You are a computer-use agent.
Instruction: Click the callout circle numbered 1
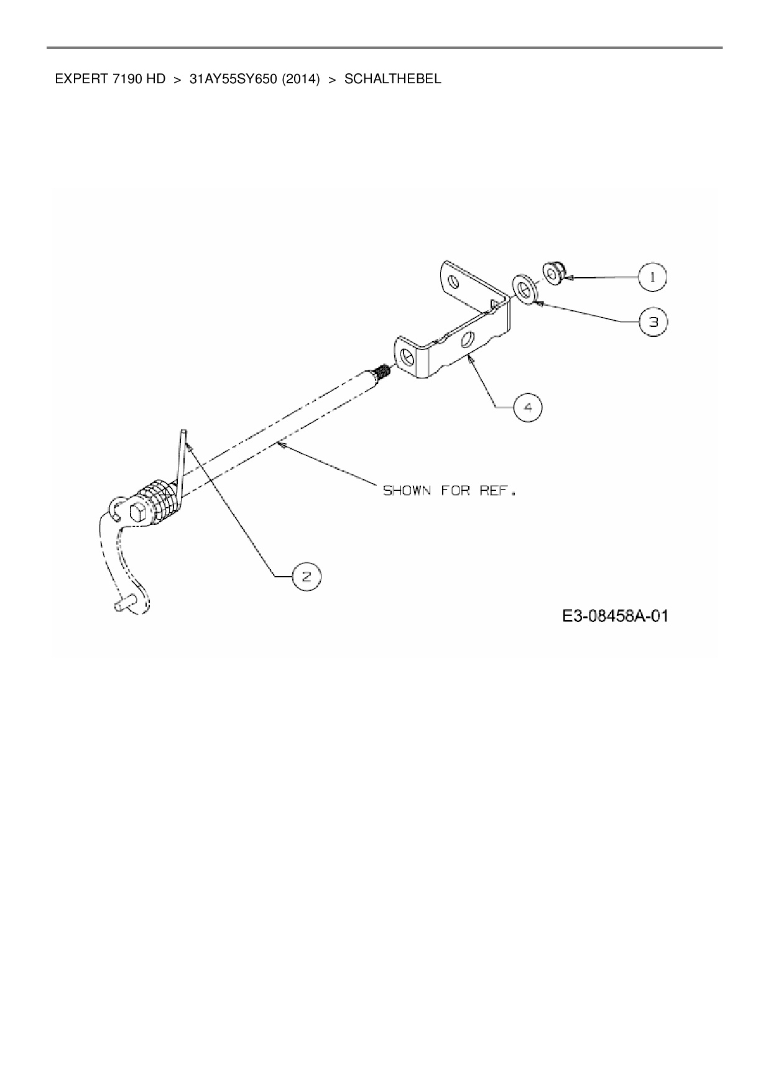tap(652, 277)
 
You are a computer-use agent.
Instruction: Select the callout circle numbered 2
tap(306, 577)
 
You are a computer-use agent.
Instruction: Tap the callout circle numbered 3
tap(653, 322)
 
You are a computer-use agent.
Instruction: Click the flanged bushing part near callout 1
tap(552, 273)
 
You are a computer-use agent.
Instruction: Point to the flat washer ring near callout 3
tap(525, 289)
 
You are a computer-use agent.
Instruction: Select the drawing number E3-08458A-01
tap(615, 616)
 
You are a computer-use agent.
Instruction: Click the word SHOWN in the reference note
tap(407, 490)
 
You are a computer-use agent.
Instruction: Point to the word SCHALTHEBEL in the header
tap(392, 79)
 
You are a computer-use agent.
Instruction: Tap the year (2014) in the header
tap(301, 79)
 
